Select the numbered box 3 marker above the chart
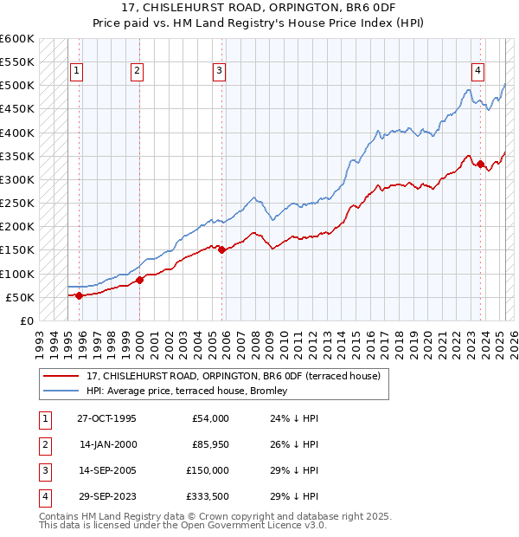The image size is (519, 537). pyautogui.click(x=219, y=71)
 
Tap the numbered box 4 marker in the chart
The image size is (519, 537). pyautogui.click(x=477, y=71)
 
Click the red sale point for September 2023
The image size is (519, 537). pyautogui.click(x=481, y=164)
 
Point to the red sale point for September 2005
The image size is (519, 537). pyautogui.click(x=222, y=249)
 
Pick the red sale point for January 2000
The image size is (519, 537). pyautogui.click(x=139, y=280)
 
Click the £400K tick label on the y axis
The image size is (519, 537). pyautogui.click(x=17, y=133)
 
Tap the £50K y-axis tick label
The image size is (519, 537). pyautogui.click(x=21, y=297)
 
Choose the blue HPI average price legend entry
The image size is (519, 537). pyautogui.click(x=192, y=391)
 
